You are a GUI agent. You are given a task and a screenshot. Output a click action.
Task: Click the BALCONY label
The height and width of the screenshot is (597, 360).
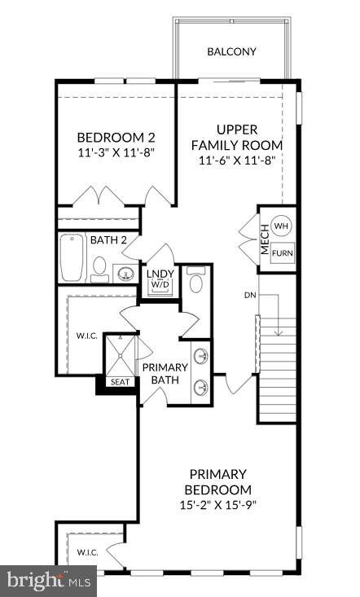(231, 51)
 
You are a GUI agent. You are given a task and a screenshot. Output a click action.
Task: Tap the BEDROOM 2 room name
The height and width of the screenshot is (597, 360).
(115, 137)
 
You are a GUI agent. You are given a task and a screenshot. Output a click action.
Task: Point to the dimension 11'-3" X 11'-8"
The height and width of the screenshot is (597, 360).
(115, 151)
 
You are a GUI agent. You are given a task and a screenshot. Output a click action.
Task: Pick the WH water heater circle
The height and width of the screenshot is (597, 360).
(281, 226)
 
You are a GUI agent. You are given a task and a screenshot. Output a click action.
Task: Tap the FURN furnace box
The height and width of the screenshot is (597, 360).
(282, 252)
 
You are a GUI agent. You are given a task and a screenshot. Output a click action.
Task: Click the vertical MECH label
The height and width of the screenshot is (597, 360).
(265, 239)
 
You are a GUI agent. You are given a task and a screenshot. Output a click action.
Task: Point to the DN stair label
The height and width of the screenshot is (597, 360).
(250, 294)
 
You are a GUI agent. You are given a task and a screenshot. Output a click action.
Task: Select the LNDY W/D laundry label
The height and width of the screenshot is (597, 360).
(157, 279)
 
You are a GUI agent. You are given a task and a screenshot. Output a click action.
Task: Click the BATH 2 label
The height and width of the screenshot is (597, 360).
(108, 239)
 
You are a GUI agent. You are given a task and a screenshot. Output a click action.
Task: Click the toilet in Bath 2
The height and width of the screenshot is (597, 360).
(99, 267)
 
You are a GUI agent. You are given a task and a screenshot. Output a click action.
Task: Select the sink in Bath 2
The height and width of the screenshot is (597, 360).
(125, 272)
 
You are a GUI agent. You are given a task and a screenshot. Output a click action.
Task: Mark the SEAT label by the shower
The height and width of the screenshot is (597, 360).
(119, 381)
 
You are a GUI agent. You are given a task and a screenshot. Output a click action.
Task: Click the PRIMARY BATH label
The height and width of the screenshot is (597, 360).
(165, 374)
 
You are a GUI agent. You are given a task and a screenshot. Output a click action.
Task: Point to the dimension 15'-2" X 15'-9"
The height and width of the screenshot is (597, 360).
(219, 506)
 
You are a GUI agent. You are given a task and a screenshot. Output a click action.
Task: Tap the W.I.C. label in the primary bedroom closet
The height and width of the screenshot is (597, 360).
(88, 552)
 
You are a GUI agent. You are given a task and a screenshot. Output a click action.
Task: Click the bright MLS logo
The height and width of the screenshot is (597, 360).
(48, 581)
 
